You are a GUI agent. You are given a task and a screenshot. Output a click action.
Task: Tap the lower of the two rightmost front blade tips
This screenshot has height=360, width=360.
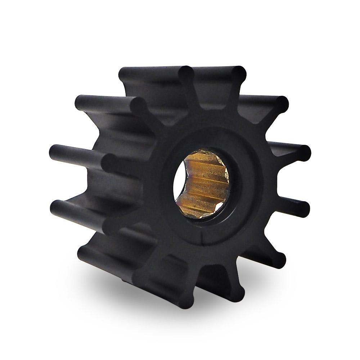pos(304,207)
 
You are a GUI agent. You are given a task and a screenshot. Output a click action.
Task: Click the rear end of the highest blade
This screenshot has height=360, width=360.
pos(124,74)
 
